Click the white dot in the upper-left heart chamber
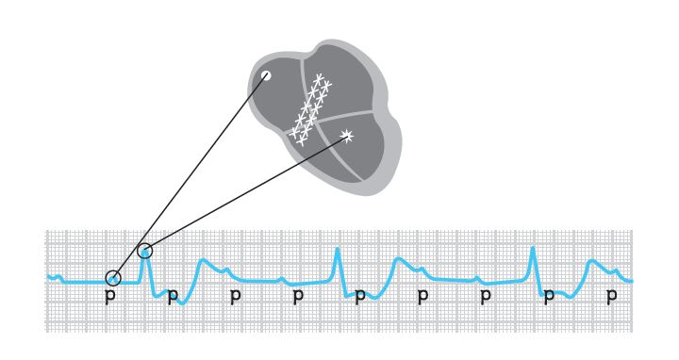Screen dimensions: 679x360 (266, 75)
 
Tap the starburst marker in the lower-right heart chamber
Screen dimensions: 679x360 (347, 137)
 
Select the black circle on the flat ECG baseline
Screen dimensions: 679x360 (113, 278)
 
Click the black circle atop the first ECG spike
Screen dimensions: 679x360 (145, 251)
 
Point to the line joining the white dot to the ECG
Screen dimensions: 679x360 (190, 177)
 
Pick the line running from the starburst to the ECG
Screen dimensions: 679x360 (246, 193)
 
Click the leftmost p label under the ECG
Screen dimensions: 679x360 (110, 296)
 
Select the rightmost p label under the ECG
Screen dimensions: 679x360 (611, 296)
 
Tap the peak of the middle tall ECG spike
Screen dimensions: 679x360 (338, 249)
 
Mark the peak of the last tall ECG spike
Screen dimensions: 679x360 (533, 248)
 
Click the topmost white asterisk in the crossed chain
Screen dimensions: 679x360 (319, 79)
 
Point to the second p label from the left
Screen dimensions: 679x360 (173, 296)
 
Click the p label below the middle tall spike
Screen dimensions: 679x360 (360, 296)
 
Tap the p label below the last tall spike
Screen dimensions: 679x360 (549, 296)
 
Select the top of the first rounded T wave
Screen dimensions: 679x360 (203, 260)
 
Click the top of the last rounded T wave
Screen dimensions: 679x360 (592, 261)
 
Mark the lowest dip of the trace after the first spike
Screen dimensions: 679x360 (182, 303)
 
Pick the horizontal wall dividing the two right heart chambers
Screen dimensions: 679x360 (345, 116)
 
